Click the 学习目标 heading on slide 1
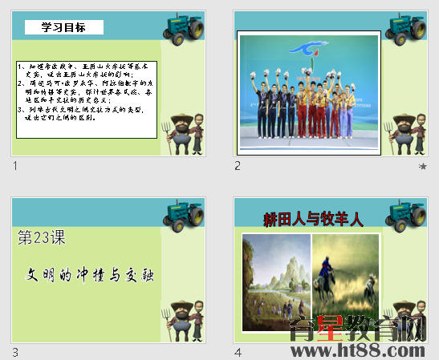(64, 28)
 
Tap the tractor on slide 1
(185, 27)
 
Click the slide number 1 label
(15, 166)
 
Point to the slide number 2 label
(238, 166)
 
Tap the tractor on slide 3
(185, 215)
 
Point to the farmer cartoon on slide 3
(185, 321)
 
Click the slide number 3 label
(15, 353)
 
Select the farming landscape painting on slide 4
(277, 282)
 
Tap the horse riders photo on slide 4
(345, 277)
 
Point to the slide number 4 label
(238, 353)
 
